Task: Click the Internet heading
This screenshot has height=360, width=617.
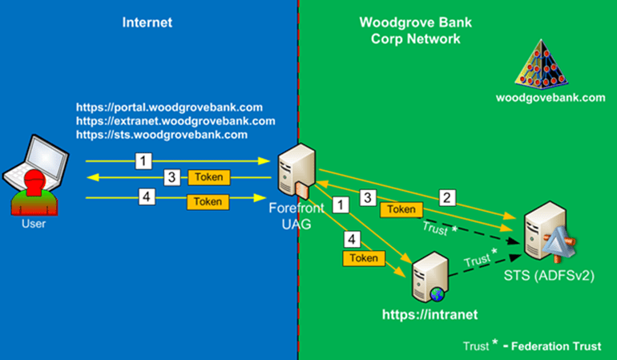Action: coord(147,22)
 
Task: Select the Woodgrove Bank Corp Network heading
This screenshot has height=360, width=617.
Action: coord(409,30)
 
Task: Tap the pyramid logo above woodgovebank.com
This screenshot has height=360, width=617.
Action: coord(550,63)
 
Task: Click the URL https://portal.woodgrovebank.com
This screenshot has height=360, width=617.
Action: coord(169,107)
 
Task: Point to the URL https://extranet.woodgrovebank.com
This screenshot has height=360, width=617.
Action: coord(175,121)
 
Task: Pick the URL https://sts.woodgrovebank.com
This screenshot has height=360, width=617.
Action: coord(161,135)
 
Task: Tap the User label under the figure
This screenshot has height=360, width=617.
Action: coord(33,224)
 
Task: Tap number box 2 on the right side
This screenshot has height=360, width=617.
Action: coord(447,196)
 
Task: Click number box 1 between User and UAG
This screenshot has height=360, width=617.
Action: coord(143,161)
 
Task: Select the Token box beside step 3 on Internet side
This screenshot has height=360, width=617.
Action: coord(208,177)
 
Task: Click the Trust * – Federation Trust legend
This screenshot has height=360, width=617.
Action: coord(532,346)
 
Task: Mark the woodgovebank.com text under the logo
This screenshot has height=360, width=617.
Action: coord(550,98)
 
